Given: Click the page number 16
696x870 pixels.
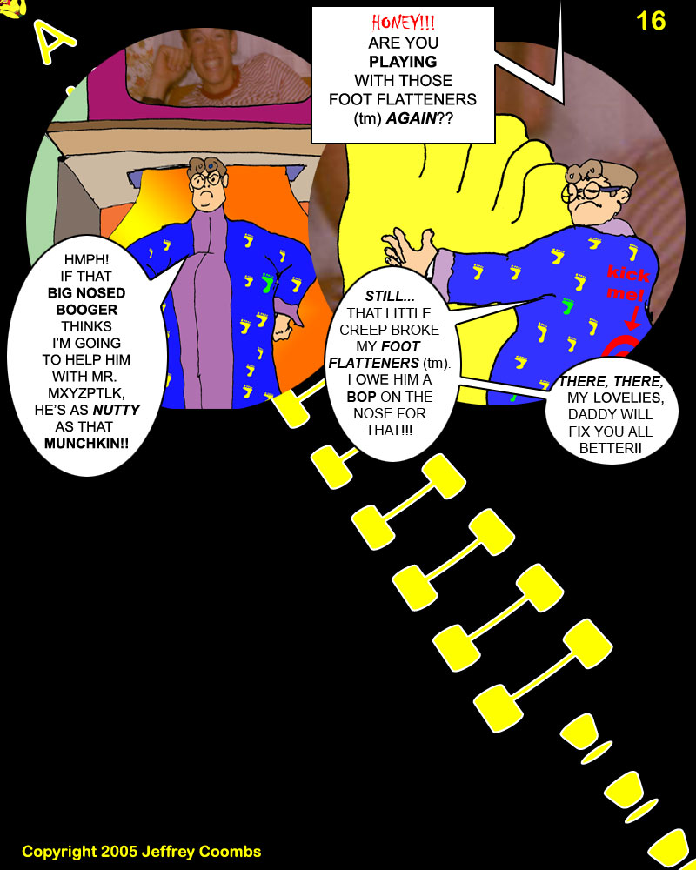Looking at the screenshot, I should pos(651,20).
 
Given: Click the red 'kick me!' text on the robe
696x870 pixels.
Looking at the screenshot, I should pos(629,285).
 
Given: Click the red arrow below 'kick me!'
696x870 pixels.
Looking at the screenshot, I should pos(632,319).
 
